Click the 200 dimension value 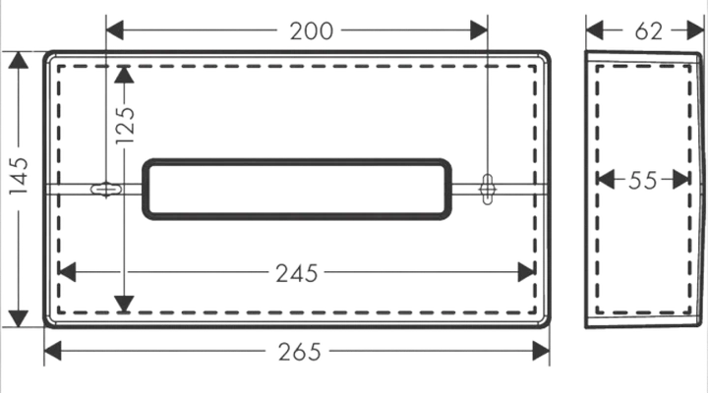[x=311, y=31]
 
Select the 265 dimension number [x=299, y=352]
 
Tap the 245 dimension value [x=297, y=273]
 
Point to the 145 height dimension [x=20, y=177]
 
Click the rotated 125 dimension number [x=125, y=126]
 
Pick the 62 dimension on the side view [x=649, y=31]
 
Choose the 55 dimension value [x=643, y=181]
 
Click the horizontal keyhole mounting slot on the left [x=106, y=189]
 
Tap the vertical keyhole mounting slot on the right [x=488, y=190]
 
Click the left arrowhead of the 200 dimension [x=115, y=30]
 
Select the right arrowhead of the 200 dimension [x=479, y=30]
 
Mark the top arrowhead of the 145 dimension [x=19, y=60]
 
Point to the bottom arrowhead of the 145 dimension [x=19, y=318]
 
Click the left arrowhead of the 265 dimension [x=52, y=351]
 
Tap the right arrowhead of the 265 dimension [x=541, y=351]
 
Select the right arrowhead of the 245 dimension [x=527, y=272]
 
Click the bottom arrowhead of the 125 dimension [x=124, y=305]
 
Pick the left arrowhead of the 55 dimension [x=606, y=180]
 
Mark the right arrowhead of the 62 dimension [x=695, y=30]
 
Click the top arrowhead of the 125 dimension [x=124, y=75]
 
